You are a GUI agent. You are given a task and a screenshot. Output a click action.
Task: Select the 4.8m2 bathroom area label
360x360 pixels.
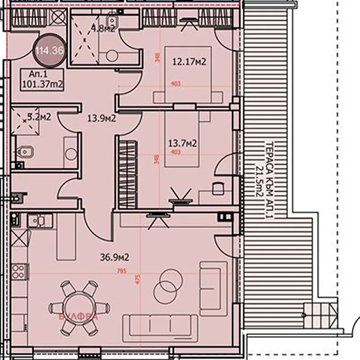(x=103, y=29)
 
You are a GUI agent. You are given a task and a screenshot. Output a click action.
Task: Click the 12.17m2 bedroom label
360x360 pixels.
(x=189, y=62)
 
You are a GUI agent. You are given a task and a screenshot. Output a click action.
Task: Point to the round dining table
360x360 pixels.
(x=79, y=309)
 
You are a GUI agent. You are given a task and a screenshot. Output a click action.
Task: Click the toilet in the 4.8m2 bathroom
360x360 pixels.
(x=110, y=55)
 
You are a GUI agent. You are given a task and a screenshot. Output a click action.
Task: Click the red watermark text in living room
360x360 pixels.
(x=79, y=316)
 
